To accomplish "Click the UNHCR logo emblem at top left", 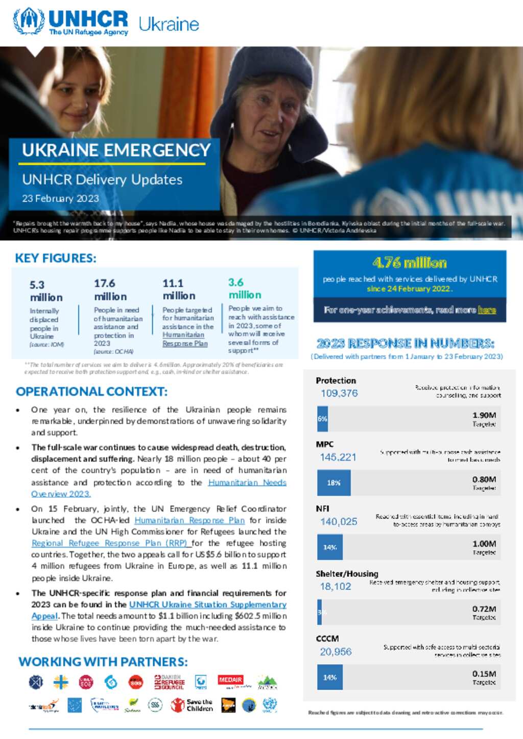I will (29, 21).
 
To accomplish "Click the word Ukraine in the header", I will (169, 24).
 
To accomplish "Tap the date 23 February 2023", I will (60, 198).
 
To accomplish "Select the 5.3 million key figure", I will (46, 291).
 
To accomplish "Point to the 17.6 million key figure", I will (110, 290).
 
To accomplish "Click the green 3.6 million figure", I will (245, 289).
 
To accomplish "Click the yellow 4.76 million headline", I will (410, 263).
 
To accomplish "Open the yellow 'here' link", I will (487, 310).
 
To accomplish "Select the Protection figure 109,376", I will (339, 393).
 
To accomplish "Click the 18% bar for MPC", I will (334, 482).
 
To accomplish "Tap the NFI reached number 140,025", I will (339, 521).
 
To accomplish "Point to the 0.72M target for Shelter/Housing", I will (484, 609).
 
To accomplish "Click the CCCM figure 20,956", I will (336, 651).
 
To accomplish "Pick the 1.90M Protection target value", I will (484, 415).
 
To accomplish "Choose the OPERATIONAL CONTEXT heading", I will (91, 391).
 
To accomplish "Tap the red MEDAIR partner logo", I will (230, 680).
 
